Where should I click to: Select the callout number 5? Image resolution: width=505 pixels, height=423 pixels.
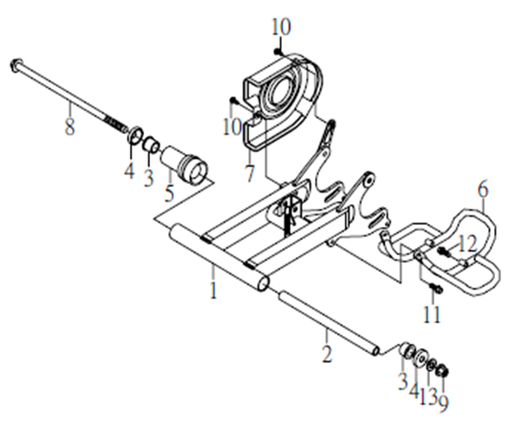pos(169,192)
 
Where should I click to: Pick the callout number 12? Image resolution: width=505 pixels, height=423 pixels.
pos(467,244)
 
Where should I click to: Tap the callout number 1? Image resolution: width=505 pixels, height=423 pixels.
pos(213,290)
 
